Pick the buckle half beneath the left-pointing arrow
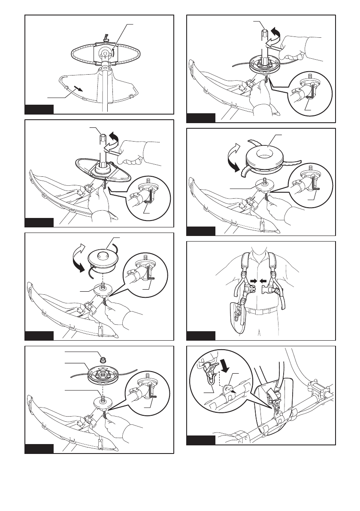point(271,292)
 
